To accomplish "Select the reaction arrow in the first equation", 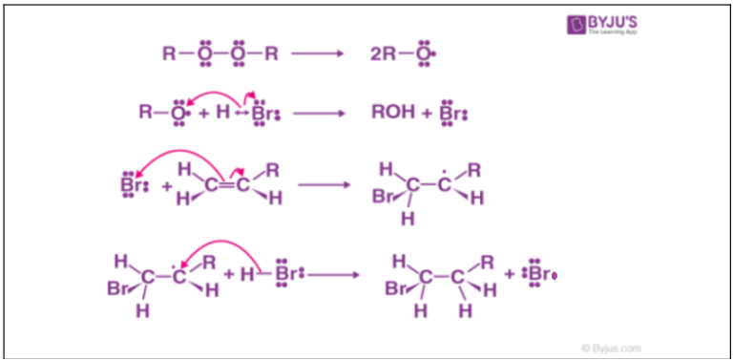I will (x=317, y=53).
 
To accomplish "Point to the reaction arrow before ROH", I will (x=319, y=113).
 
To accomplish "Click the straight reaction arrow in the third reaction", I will (x=325, y=184).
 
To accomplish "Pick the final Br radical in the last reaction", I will (x=540, y=274).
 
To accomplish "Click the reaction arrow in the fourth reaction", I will (x=333, y=274).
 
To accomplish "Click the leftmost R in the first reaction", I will (x=168, y=53).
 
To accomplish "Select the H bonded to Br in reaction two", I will (x=222, y=113).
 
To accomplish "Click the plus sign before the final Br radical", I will (x=510, y=274).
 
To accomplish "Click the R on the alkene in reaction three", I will (x=272, y=170).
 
